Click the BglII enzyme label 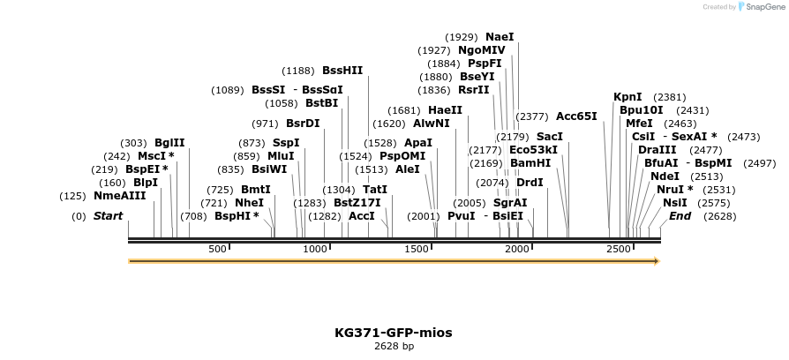click(x=169, y=142)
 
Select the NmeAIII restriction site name click(x=119, y=195)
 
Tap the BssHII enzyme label click(x=342, y=71)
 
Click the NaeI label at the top click(x=500, y=37)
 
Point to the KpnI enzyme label click(x=627, y=97)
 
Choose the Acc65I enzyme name click(x=576, y=116)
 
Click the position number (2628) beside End click(x=719, y=216)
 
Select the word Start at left click(x=108, y=216)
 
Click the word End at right click(x=680, y=216)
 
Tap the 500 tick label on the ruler click(x=218, y=250)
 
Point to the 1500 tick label click(x=417, y=250)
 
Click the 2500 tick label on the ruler click(x=618, y=250)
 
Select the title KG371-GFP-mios click(x=394, y=333)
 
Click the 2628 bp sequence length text click(x=394, y=346)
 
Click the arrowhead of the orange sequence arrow click(x=656, y=261)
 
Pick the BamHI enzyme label click(x=530, y=163)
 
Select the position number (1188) click(x=298, y=71)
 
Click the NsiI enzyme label click(x=675, y=203)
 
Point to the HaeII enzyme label click(x=446, y=110)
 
